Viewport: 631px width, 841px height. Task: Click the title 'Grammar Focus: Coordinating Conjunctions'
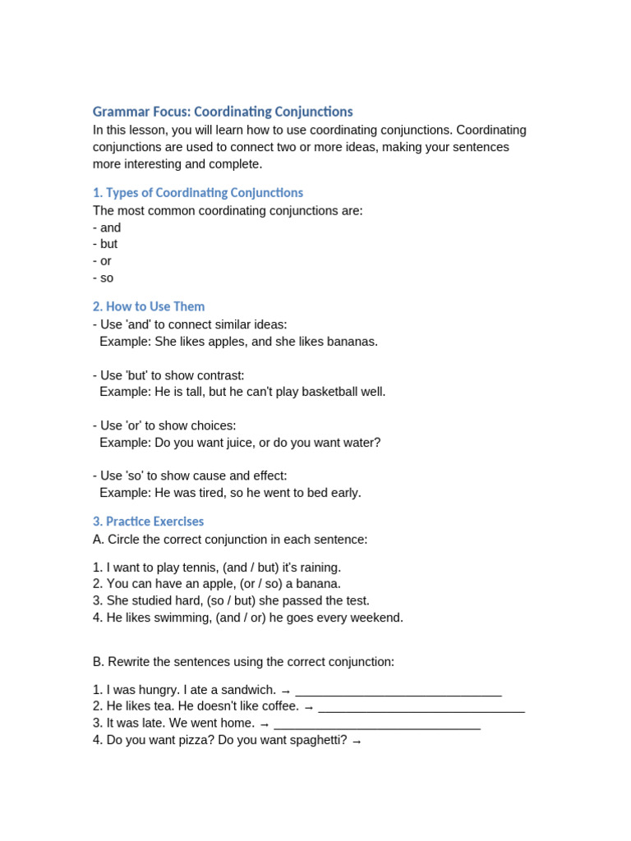[x=223, y=112]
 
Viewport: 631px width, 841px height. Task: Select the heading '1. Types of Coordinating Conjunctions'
[x=197, y=193]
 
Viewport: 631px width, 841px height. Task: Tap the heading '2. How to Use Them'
[x=149, y=306]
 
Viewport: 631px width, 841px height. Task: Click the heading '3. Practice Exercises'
[x=148, y=522]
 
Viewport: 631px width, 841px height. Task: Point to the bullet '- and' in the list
[x=107, y=227]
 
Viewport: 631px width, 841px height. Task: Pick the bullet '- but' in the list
[x=105, y=244]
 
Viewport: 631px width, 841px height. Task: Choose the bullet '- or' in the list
[x=103, y=261]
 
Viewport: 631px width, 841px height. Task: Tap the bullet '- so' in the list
[x=104, y=278]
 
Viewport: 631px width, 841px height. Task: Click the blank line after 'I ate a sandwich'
[x=398, y=692]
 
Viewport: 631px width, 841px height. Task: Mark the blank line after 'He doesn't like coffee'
[x=421, y=708]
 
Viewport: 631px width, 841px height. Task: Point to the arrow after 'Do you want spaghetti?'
[x=356, y=742]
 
